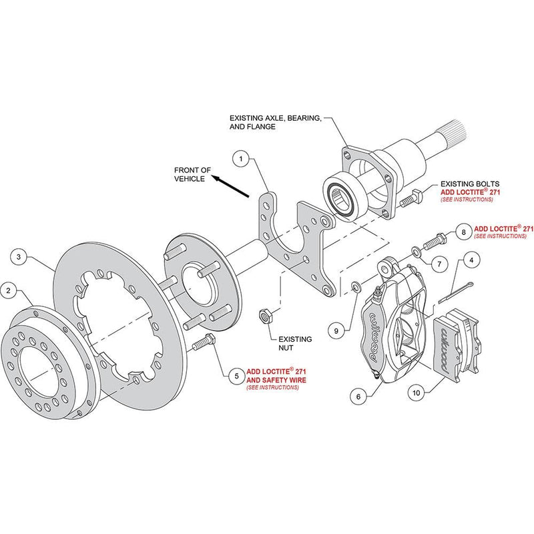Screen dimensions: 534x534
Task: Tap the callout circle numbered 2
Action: (x=9, y=291)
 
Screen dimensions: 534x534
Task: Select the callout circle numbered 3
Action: (x=20, y=256)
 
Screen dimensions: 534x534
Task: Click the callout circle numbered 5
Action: (x=235, y=376)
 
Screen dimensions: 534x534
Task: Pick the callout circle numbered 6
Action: (x=358, y=396)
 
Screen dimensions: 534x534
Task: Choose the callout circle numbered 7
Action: (x=437, y=264)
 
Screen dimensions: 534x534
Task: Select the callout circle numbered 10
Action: (x=417, y=394)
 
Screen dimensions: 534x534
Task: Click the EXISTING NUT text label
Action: (x=294, y=344)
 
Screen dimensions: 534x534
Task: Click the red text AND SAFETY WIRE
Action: (x=276, y=379)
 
